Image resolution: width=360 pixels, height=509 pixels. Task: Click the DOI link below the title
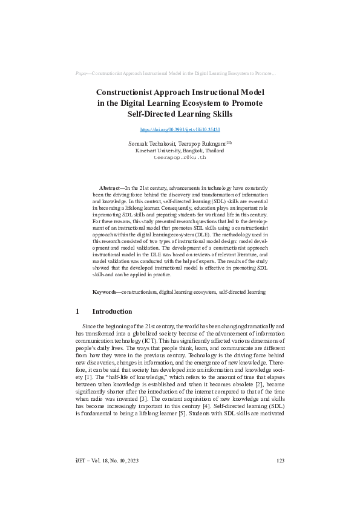[x=180, y=129]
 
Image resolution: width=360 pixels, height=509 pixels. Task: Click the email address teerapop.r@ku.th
[x=180, y=157]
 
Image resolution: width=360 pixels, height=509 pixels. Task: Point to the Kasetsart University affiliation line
[x=180, y=150]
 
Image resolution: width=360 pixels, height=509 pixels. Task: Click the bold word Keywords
[x=106, y=292]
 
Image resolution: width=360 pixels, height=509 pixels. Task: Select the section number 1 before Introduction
[x=78, y=312]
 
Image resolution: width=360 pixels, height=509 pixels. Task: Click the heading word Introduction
[x=112, y=312]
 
